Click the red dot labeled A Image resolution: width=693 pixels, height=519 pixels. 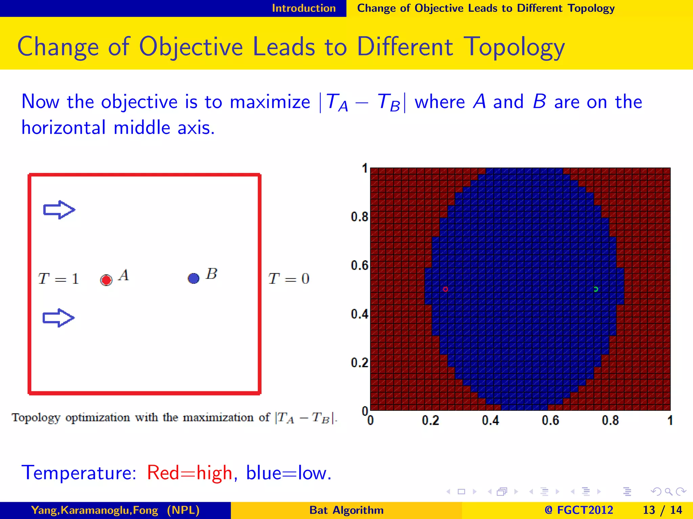tap(106, 280)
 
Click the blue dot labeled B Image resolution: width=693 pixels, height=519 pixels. tap(194, 278)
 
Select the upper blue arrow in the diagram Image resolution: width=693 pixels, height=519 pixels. tap(59, 210)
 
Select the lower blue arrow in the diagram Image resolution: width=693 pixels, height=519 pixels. tap(58, 318)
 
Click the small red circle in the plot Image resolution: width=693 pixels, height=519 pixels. tap(445, 289)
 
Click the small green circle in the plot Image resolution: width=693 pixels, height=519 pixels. tap(596, 289)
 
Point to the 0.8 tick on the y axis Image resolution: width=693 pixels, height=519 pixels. tap(359, 217)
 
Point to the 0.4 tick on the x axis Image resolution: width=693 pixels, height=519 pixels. tap(490, 421)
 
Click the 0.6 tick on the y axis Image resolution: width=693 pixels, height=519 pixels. tap(359, 266)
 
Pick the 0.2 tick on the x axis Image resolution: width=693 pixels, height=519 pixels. tap(430, 421)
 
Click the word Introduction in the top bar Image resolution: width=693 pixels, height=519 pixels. tap(304, 8)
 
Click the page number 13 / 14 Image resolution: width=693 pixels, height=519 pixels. tap(662, 510)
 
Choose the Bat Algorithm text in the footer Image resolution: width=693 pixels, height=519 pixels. tap(346, 510)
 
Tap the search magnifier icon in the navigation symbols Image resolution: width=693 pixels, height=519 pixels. tap(668, 492)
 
